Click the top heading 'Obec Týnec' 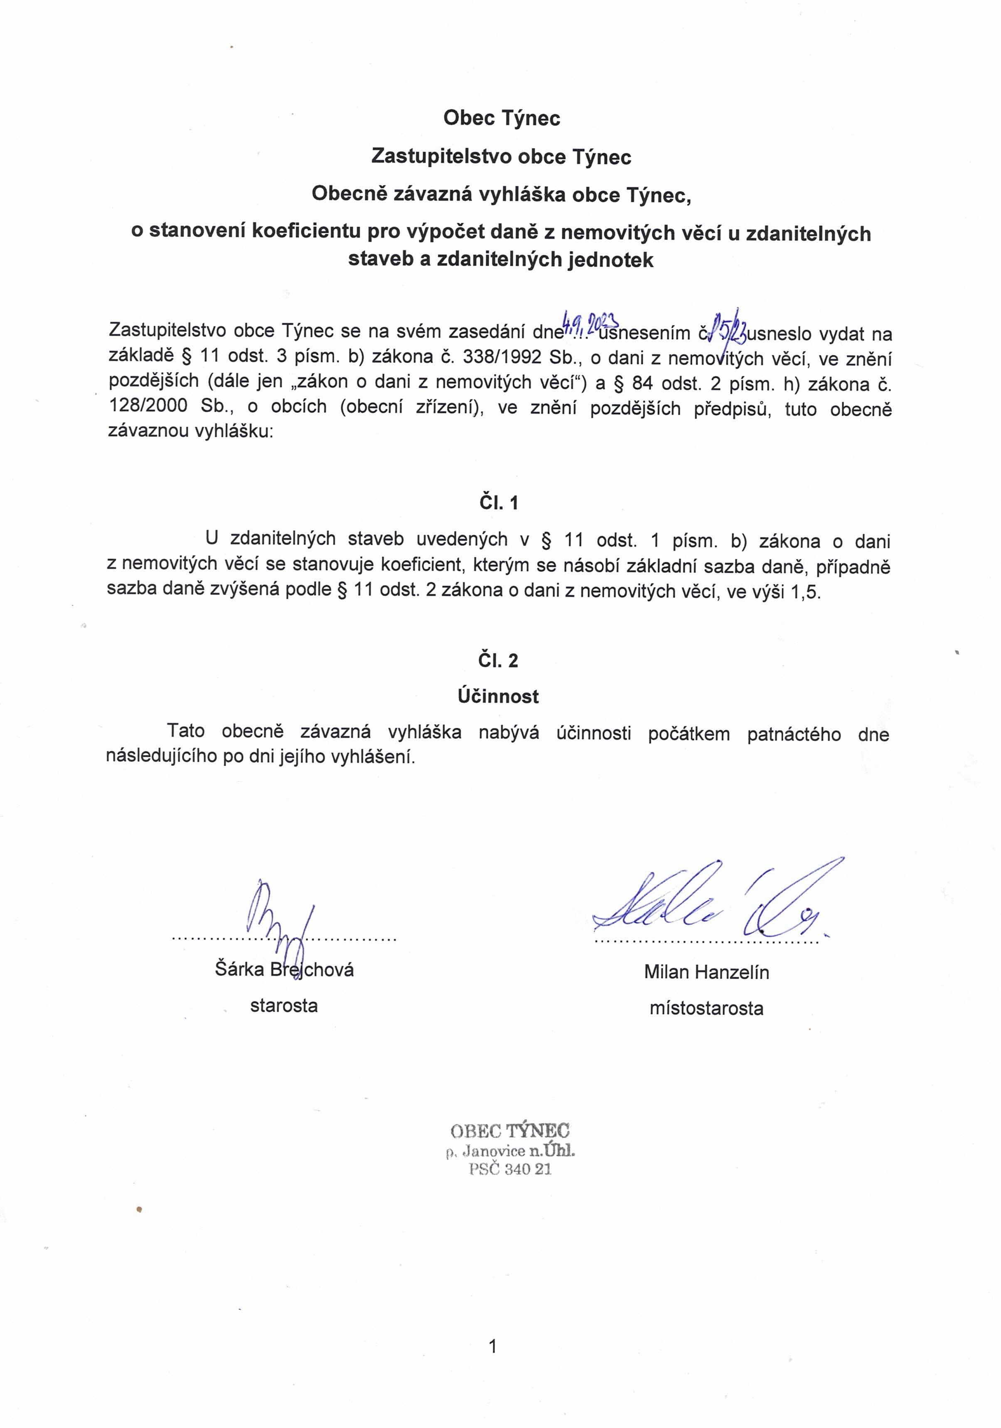[x=502, y=118]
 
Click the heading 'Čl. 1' [x=498, y=503]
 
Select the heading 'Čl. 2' [x=498, y=661]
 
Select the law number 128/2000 [x=148, y=407]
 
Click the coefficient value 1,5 [x=806, y=592]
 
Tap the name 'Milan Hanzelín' [x=706, y=972]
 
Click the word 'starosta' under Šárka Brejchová [x=284, y=1006]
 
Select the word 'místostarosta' [x=706, y=1008]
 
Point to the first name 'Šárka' [x=239, y=969]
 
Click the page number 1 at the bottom [x=493, y=1347]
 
